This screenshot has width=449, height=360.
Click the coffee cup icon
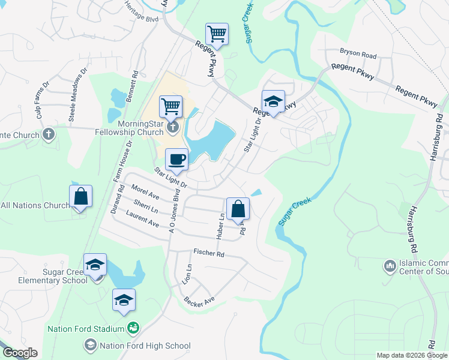tap(176, 160)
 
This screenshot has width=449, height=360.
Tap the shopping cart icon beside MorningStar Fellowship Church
tap(171, 107)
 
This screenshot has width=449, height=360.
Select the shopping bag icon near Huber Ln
tap(238, 209)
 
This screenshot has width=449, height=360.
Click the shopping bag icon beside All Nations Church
tap(80, 196)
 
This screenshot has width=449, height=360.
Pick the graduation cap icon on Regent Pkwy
tap(273, 101)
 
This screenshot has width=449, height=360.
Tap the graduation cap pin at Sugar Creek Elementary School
tap(95, 265)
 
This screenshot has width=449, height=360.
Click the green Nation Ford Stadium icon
tap(133, 328)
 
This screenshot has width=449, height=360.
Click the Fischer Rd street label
tap(208, 254)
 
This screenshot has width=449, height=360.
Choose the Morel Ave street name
tap(145, 191)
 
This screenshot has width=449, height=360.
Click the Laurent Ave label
tap(142, 219)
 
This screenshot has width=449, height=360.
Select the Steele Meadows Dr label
tap(77, 99)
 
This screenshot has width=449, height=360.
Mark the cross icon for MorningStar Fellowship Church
tap(173, 126)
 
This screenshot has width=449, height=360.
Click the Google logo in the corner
tap(19, 353)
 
